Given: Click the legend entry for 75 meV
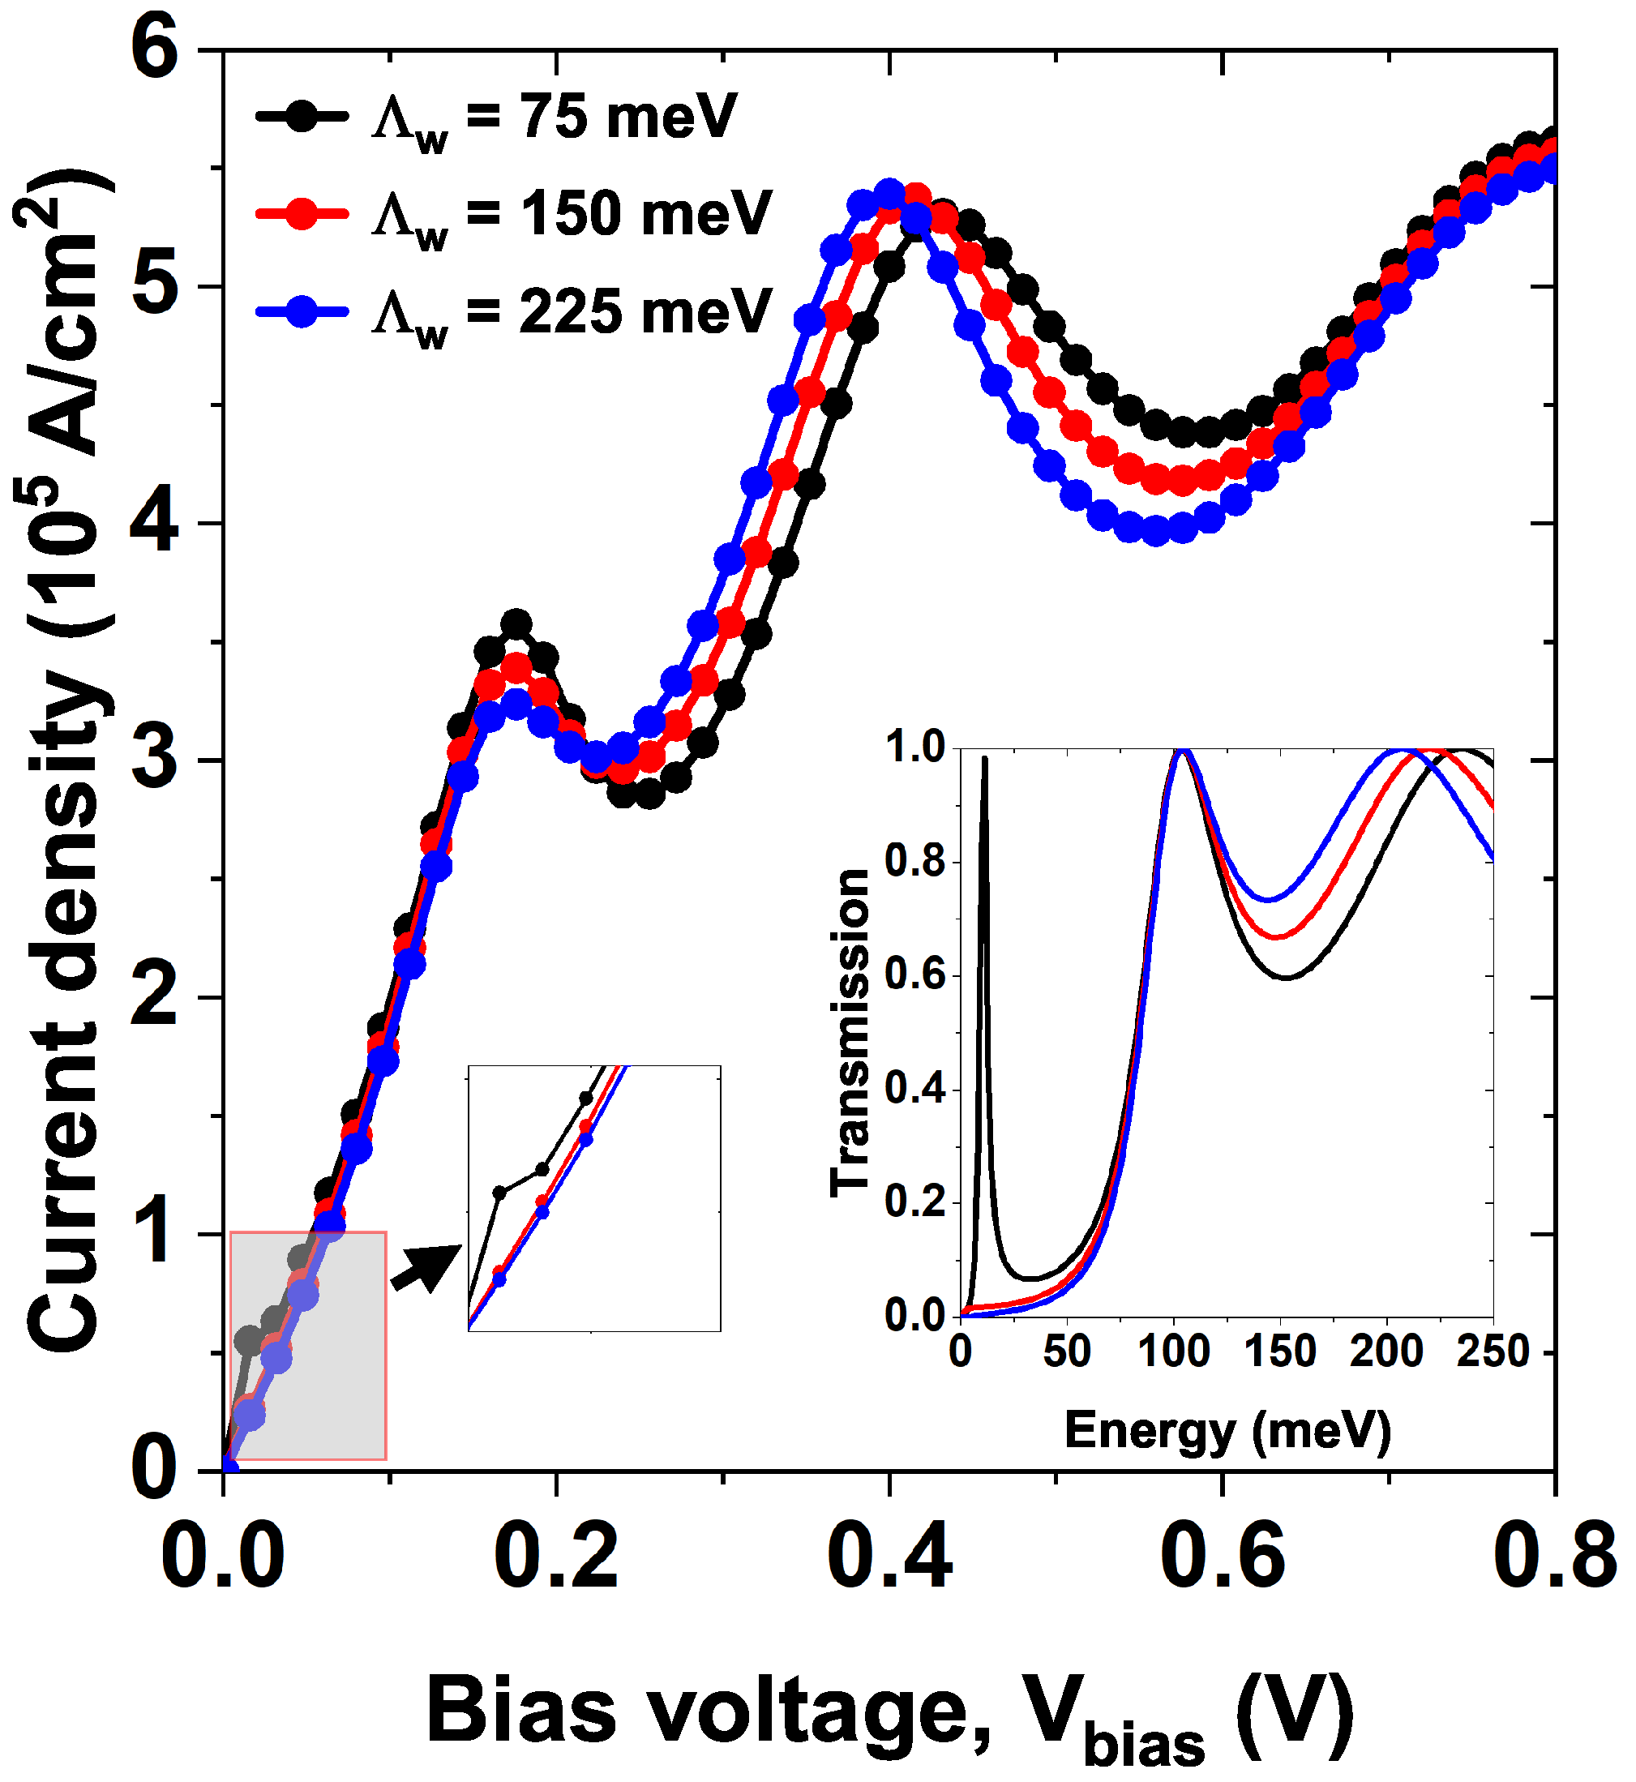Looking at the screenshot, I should (496, 117).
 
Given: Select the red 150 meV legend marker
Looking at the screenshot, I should (301, 213).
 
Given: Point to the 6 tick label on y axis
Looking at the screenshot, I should (156, 49).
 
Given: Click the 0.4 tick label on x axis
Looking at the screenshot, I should (889, 1557).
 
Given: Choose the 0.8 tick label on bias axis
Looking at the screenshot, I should (1553, 1557).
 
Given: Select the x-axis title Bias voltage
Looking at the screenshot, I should (889, 1713).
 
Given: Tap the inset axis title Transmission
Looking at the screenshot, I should (850, 1032).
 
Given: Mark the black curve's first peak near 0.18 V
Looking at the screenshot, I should (516, 624).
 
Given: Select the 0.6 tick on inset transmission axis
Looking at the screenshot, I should (914, 975).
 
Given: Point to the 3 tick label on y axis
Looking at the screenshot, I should (156, 760).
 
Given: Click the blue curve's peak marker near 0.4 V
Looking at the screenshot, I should (889, 192).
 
